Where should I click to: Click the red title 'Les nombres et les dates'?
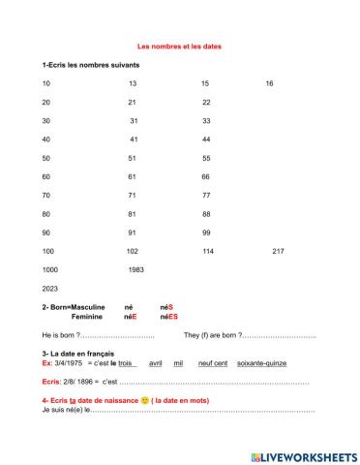point(181,45)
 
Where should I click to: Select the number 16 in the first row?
point(269,83)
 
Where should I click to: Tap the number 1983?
point(135,269)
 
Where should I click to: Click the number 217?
point(278,251)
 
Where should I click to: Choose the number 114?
point(207,251)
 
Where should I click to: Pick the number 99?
point(206,232)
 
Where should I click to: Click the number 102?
point(133,251)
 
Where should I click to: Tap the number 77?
point(206,195)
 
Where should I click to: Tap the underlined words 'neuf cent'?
point(212,362)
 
